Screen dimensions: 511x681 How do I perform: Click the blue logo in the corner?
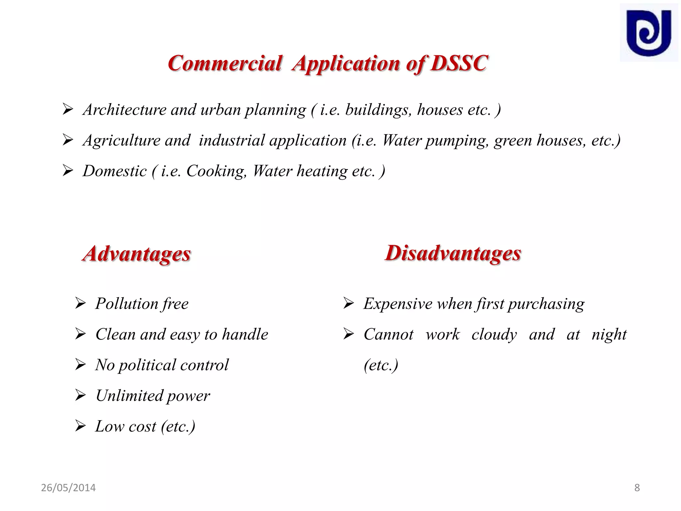point(648,33)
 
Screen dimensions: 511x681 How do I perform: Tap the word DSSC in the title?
point(459,63)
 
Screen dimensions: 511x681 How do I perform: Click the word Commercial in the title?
point(225,63)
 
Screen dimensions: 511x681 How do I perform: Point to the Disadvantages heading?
point(453,254)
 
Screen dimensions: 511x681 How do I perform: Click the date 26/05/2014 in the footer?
point(68,488)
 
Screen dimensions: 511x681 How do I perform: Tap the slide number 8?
point(637,488)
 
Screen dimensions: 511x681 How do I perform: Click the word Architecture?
point(124,110)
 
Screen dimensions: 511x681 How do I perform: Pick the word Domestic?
point(114,172)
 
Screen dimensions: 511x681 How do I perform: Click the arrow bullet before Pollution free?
point(80,303)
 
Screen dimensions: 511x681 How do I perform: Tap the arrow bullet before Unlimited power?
point(80,395)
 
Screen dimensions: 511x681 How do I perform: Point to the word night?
point(609,335)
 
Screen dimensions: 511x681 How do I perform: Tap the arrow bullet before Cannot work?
point(348,334)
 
